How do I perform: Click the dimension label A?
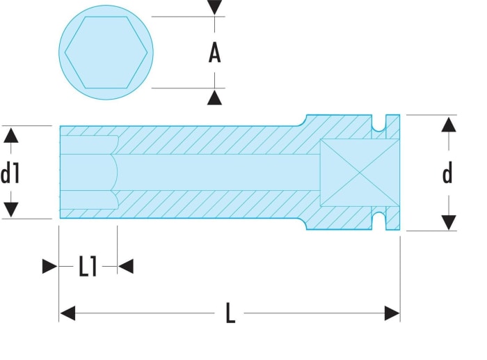[x=214, y=53]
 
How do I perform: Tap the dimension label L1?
[x=88, y=267]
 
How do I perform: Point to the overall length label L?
[x=230, y=313]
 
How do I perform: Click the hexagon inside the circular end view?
[x=106, y=52]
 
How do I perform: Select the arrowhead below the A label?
[x=214, y=97]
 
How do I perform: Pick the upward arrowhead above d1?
[x=11, y=136]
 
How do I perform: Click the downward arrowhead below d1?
[x=11, y=210]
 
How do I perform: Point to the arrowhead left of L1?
[x=49, y=267]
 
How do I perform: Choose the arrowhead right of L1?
[x=126, y=267]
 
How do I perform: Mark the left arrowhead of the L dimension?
[x=67, y=313]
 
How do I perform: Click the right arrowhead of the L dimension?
[x=392, y=313]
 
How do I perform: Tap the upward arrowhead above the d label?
[x=449, y=125]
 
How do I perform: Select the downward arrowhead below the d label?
[x=449, y=223]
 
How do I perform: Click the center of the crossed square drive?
[x=360, y=173]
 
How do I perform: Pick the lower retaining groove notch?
[x=379, y=221]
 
